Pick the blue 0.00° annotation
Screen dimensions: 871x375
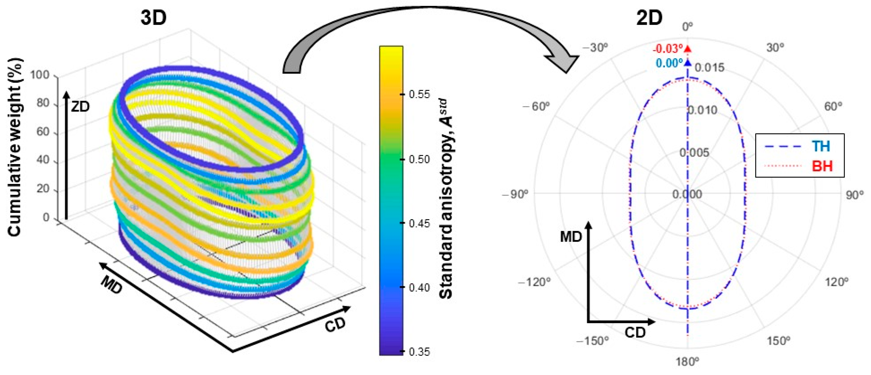click(x=670, y=63)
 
